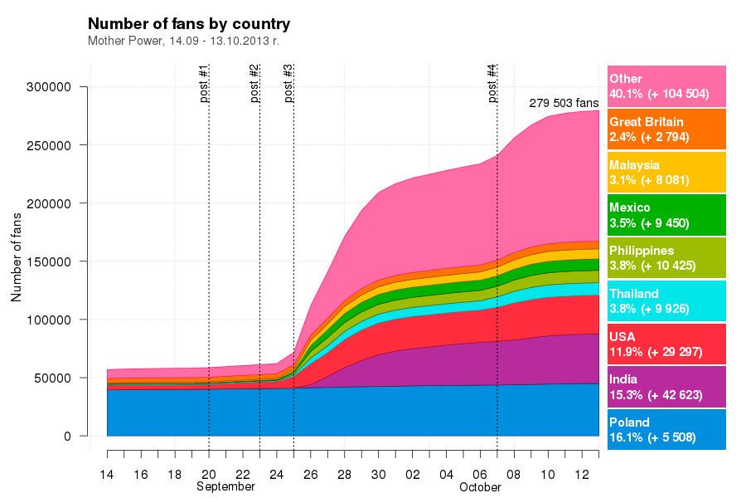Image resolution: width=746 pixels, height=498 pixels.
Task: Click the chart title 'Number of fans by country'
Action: click(189, 23)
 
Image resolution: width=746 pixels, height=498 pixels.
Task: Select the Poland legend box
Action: click(666, 430)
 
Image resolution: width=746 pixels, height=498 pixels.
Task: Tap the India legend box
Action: click(666, 387)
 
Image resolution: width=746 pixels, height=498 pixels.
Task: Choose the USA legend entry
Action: click(666, 344)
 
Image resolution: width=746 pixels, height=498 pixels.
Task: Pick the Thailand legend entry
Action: click(666, 300)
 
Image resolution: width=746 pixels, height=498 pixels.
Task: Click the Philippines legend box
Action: click(666, 257)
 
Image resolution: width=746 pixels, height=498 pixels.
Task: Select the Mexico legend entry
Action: click(666, 215)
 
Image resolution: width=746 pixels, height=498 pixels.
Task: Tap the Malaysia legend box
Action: click(666, 172)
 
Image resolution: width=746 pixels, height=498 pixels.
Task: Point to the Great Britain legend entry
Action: click(666, 129)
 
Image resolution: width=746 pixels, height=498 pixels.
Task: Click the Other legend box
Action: click(666, 86)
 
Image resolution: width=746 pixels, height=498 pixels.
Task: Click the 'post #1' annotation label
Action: click(204, 83)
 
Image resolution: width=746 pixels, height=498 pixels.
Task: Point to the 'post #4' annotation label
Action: click(492, 83)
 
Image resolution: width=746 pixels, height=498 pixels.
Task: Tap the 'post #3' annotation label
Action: click(288, 83)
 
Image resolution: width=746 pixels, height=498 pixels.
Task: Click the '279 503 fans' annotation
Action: click(564, 103)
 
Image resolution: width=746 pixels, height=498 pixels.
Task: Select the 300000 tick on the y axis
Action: click(53, 87)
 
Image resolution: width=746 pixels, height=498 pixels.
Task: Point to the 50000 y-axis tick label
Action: click(56, 378)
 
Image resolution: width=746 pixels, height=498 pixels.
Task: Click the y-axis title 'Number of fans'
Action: click(17, 258)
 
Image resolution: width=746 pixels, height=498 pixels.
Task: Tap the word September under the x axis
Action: click(225, 487)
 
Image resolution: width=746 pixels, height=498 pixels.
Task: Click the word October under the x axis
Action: click(480, 487)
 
